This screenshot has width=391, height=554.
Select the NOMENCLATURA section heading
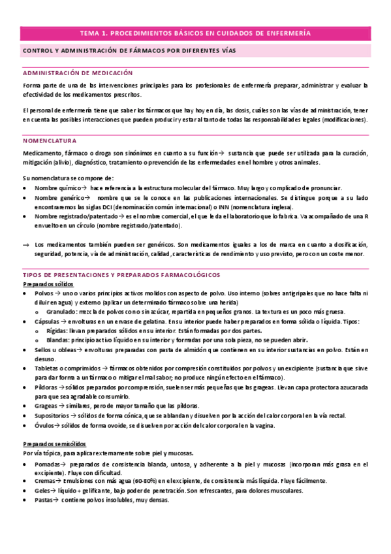[x=47, y=140]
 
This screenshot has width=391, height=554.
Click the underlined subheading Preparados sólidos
[x=48, y=266]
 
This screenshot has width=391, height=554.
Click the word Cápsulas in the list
[x=48, y=321]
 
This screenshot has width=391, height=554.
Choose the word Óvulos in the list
[x=46, y=425]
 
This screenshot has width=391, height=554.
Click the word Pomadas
[x=49, y=463]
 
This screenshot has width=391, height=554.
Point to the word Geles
[x=44, y=490]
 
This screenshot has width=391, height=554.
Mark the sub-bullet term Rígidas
[x=57, y=331]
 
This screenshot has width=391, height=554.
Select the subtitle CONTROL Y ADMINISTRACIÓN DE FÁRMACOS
[x=130, y=50]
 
